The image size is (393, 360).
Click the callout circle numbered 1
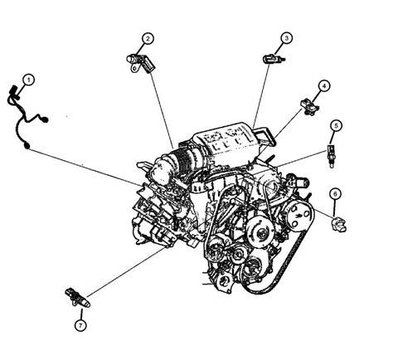(28, 80)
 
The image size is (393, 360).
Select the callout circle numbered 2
(147, 38)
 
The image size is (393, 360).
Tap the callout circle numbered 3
(285, 38)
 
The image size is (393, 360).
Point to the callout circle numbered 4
(324, 85)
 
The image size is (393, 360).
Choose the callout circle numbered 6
(335, 193)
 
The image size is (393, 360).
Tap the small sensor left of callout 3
(272, 58)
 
